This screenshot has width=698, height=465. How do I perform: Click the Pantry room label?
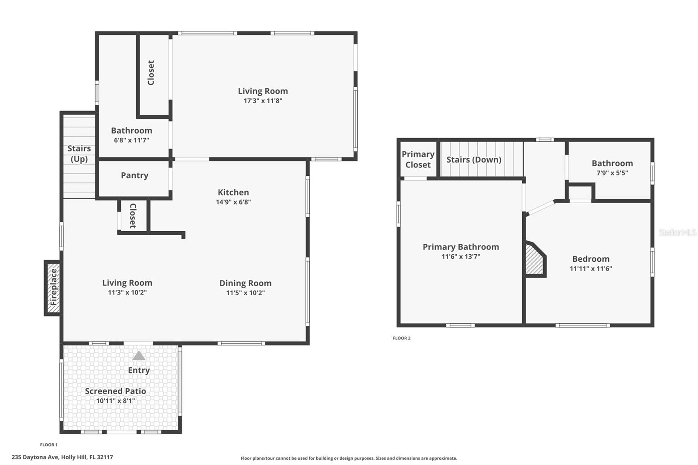point(134,175)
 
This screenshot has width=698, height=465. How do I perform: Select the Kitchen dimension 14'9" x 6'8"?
point(233,202)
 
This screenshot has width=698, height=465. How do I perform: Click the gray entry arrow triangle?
point(139,356)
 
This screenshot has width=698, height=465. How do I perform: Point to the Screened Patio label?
point(115,391)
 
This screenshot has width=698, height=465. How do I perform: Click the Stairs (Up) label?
point(79,154)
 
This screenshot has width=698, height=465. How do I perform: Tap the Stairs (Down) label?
point(474,160)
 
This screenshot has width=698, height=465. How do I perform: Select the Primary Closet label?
point(418,159)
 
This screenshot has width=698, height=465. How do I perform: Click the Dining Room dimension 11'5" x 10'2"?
point(245,293)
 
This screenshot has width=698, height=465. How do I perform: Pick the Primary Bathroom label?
point(461,247)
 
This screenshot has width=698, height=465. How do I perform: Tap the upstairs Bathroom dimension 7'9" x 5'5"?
point(612,173)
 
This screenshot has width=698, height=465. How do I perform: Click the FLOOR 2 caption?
point(401,338)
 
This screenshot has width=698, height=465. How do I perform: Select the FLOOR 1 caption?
point(48,445)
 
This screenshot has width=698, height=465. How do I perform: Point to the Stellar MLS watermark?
point(677,232)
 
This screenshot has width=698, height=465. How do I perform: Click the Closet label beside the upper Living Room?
point(151,73)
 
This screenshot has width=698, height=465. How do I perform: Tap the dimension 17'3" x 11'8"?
point(263,101)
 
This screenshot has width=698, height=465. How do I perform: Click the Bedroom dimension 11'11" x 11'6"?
point(591,269)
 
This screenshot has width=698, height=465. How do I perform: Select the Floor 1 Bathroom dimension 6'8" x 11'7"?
point(131,140)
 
